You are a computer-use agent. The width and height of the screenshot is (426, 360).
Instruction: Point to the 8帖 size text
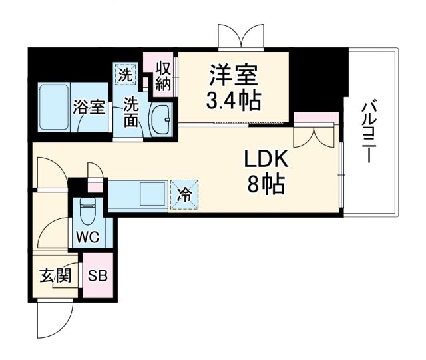coord(266,184)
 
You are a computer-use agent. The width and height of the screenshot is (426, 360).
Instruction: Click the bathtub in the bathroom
coord(54,107)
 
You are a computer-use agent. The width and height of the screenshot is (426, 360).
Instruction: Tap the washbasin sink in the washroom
coord(160,119)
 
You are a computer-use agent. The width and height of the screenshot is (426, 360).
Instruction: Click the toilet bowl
coord(87,213)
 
